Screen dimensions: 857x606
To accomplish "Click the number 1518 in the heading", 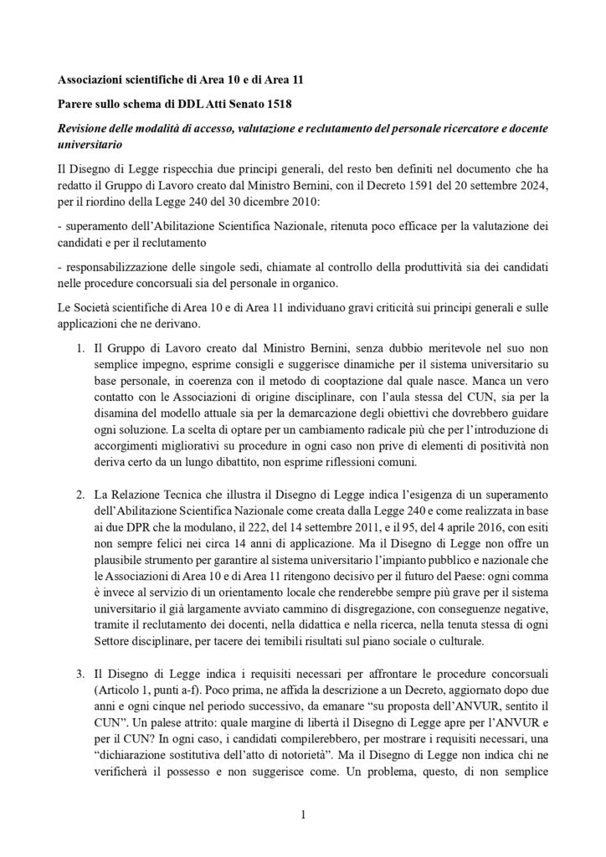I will (249, 105).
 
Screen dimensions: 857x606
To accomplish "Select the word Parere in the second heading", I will (75, 105).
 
